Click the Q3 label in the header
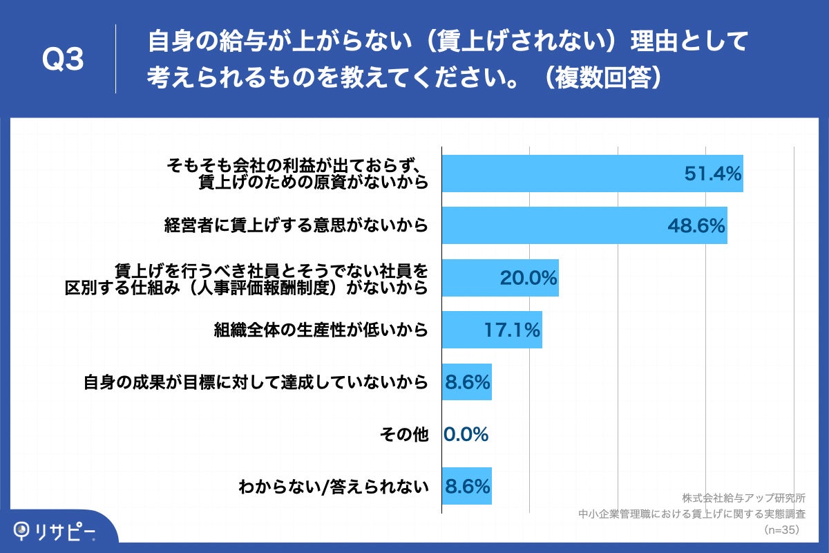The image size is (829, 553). click(63, 61)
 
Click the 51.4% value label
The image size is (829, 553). click(712, 174)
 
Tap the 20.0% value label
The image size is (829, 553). click(528, 278)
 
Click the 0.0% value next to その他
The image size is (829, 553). click(466, 434)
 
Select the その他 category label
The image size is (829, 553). click(404, 434)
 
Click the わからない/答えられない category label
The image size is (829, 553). click(333, 487)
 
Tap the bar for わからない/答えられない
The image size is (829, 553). click(467, 487)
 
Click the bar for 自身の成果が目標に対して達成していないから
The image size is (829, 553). click(467, 382)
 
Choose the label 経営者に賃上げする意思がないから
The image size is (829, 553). click(296, 225)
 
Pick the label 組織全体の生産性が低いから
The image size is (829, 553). click(321, 330)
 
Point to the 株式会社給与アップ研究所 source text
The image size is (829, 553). click(743, 498)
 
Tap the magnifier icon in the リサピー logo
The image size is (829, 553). click(22, 530)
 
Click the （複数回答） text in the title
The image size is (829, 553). click(601, 78)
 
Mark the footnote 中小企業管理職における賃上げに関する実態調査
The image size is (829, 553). click(692, 514)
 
